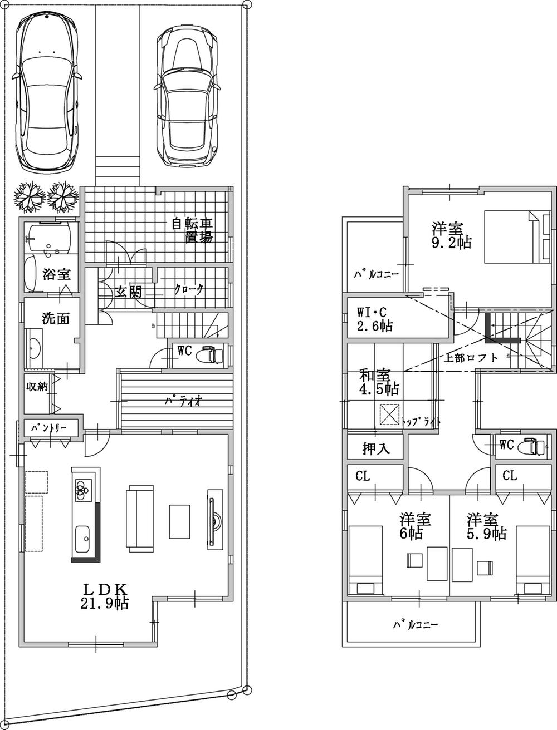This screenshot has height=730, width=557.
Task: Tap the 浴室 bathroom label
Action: (56, 274)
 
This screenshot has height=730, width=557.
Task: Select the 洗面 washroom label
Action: (56, 319)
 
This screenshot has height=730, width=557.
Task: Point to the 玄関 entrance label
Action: (128, 292)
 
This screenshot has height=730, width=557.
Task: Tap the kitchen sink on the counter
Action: (85, 535)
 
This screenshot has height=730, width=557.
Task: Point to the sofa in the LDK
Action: (140, 519)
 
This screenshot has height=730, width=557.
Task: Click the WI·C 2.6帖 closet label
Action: (374, 319)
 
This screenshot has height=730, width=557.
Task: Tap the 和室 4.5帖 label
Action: (374, 381)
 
